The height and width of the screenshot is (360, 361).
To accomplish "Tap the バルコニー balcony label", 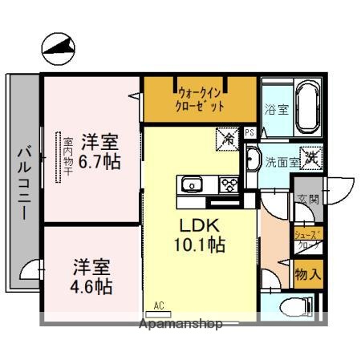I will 24,183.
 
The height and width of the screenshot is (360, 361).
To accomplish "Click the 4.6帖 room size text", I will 92,285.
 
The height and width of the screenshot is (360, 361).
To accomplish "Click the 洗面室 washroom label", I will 282,160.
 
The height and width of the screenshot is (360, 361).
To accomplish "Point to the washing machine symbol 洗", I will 310,158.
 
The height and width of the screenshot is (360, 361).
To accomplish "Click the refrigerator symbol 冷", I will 228,139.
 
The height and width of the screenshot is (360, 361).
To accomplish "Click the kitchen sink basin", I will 193,186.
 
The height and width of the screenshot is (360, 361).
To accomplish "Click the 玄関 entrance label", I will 307,200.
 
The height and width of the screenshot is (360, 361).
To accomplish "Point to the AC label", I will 160,305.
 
